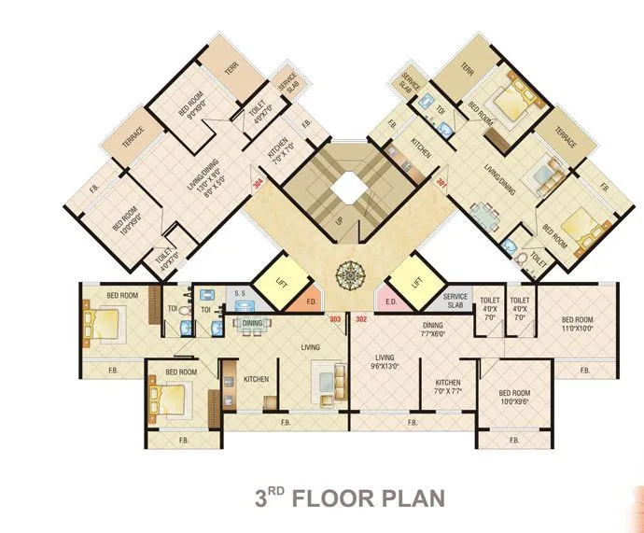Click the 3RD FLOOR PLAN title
(350, 497)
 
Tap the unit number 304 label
(258, 184)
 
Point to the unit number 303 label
(334, 319)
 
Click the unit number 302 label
(362, 319)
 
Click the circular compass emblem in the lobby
(348, 275)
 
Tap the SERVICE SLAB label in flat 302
(456, 302)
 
